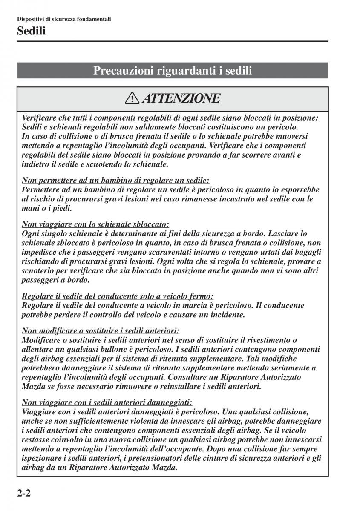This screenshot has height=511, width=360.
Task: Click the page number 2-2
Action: tap(25, 494)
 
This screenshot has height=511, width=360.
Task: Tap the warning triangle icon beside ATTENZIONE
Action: tap(132, 99)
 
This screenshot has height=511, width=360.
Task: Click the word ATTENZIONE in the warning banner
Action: tap(181, 99)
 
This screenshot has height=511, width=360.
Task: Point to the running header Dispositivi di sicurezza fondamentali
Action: tap(64, 19)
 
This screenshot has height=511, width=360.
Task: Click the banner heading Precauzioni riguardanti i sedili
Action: tap(173, 71)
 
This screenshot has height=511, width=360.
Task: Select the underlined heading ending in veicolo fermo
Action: tap(117, 296)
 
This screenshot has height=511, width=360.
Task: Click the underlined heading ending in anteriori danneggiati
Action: tap(107, 402)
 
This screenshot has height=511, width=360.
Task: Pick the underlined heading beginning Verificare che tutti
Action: tap(170, 118)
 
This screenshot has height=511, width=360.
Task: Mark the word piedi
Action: tap(63, 209)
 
